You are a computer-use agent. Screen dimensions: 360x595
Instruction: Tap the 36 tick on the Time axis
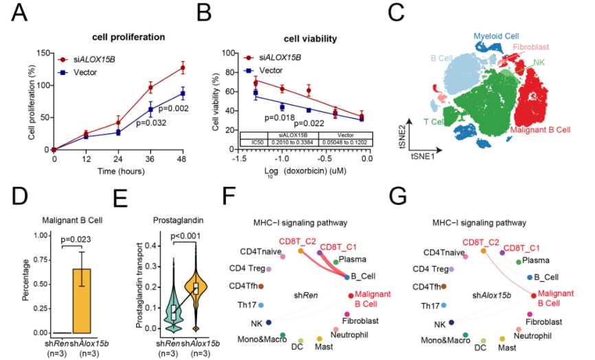click(150, 158)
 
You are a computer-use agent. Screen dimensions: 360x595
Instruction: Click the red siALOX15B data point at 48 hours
click(183, 67)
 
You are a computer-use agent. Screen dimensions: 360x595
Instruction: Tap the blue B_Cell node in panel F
click(347, 276)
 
